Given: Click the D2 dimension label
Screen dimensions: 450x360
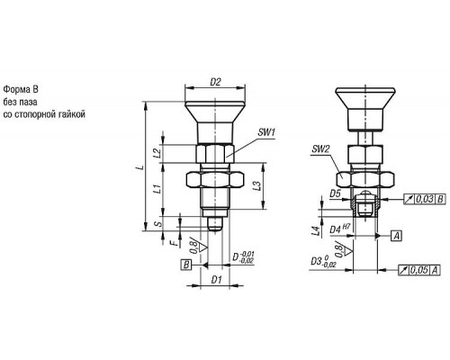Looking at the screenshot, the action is point(215,82).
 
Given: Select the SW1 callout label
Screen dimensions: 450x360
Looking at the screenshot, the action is point(266,132).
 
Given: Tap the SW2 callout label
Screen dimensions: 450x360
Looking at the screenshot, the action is point(320,149).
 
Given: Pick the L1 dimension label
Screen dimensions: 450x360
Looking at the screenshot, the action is point(157,189).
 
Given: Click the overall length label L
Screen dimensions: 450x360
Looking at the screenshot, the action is point(139,167).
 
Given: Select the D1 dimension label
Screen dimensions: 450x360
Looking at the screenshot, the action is point(216,280).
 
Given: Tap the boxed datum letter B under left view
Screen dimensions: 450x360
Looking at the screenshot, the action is point(186,265).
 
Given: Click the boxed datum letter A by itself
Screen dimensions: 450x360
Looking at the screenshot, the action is point(397,236).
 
